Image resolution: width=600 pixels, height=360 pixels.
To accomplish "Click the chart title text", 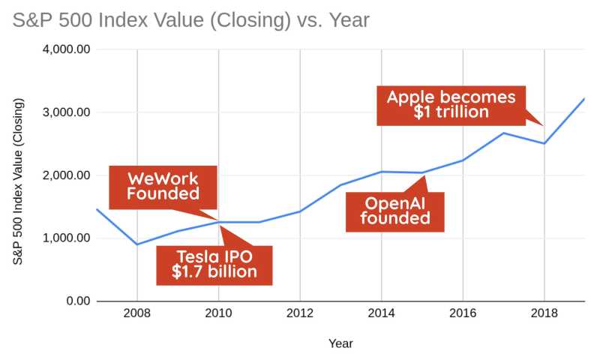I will pyautogui.click(x=190, y=20).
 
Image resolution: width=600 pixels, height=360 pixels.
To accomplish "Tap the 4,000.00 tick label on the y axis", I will pyautogui.click(x=67, y=49).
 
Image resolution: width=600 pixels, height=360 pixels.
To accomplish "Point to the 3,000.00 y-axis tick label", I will pyautogui.click(x=67, y=112).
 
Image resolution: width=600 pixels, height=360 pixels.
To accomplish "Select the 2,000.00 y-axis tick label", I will pyautogui.click(x=67, y=175).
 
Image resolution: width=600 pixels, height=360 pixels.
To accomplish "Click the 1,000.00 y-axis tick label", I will pyautogui.click(x=67, y=238).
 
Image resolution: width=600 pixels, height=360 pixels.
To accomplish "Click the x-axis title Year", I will pyautogui.click(x=340, y=343).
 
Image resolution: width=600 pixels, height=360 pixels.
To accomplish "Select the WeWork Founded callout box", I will pyautogui.click(x=163, y=186).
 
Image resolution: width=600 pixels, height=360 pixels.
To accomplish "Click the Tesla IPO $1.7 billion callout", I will pyautogui.click(x=214, y=263).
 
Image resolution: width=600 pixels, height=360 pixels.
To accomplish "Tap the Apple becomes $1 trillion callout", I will pyautogui.click(x=451, y=104).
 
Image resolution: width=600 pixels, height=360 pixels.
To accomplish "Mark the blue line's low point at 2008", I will pyautogui.click(x=137, y=244).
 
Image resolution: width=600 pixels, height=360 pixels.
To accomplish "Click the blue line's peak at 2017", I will pyautogui.click(x=503, y=133).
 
